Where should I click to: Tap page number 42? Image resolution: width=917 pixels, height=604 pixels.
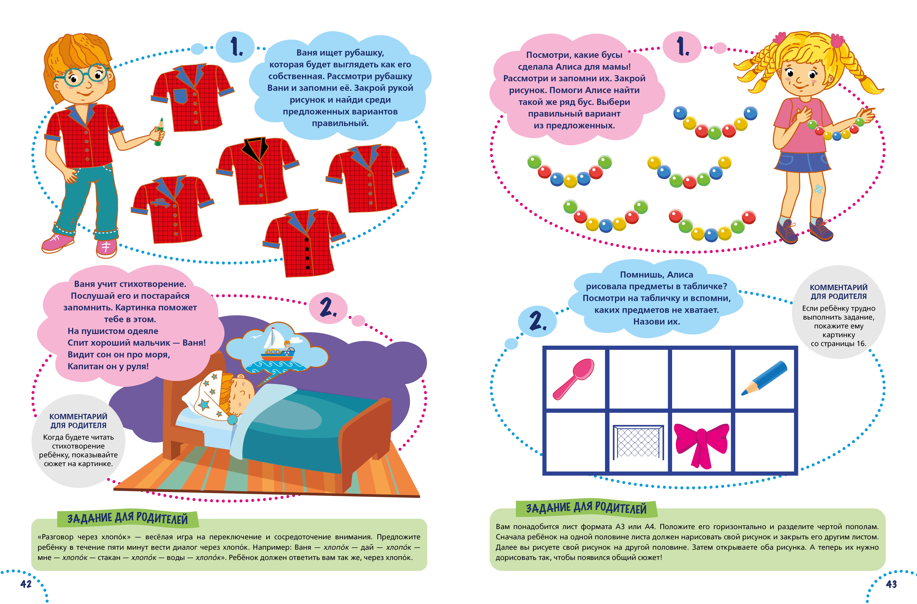[x=26, y=584]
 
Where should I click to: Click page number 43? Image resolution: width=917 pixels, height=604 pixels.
[x=891, y=584]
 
